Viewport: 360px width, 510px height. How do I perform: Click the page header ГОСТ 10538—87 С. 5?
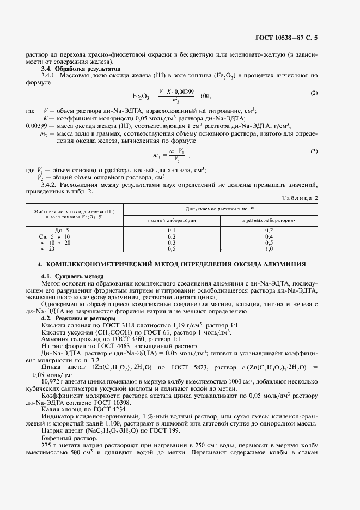(x=286, y=37)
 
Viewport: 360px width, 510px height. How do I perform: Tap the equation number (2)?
(x=314, y=93)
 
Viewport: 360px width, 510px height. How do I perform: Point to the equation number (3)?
(x=314, y=150)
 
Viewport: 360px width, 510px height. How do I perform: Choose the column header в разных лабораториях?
(x=269, y=221)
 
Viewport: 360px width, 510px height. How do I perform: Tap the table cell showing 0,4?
(x=269, y=236)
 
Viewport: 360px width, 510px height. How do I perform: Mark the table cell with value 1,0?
(x=269, y=248)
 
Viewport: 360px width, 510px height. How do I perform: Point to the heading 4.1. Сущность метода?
(x=73, y=277)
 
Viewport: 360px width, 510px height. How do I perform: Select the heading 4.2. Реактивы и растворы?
(x=78, y=318)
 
